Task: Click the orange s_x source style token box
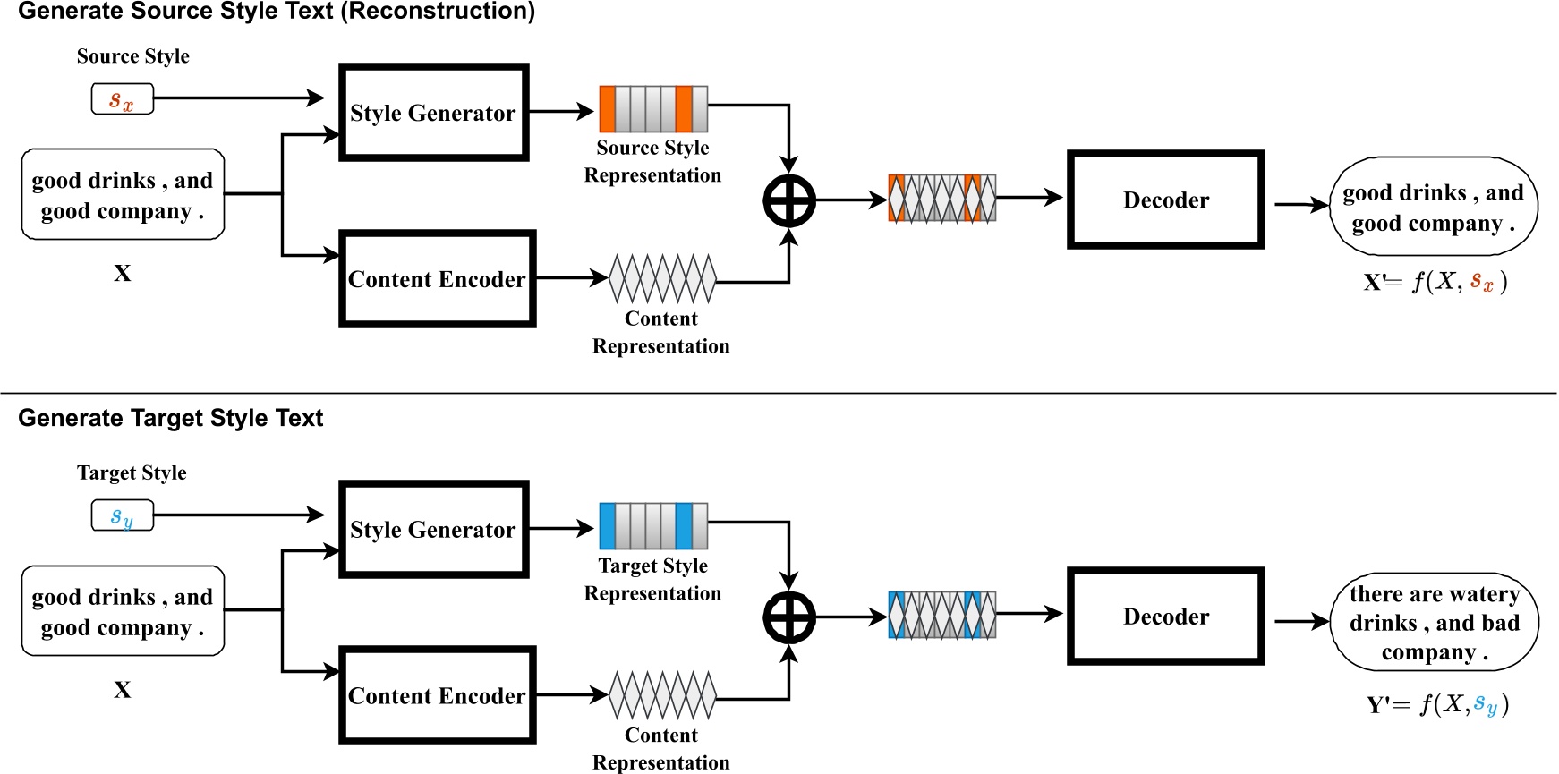(x=123, y=99)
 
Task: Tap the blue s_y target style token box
(x=123, y=516)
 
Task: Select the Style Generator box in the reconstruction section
(x=433, y=113)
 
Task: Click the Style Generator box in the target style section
(x=433, y=530)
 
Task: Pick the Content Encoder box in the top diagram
(x=437, y=279)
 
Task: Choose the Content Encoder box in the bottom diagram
(x=437, y=696)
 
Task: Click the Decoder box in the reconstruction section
(x=1165, y=200)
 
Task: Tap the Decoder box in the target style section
(x=1165, y=617)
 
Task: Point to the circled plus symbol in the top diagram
(x=788, y=200)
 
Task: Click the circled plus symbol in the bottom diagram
(x=788, y=617)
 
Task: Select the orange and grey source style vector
(x=653, y=109)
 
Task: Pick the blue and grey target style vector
(x=653, y=526)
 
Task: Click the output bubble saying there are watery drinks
(x=1434, y=623)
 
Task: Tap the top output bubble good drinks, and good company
(x=1433, y=207)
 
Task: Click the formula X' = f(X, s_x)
(x=1435, y=283)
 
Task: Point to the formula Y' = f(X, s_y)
(x=1437, y=705)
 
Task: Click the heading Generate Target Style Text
(x=170, y=419)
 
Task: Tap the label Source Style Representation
(x=652, y=161)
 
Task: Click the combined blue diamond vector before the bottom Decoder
(x=941, y=616)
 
